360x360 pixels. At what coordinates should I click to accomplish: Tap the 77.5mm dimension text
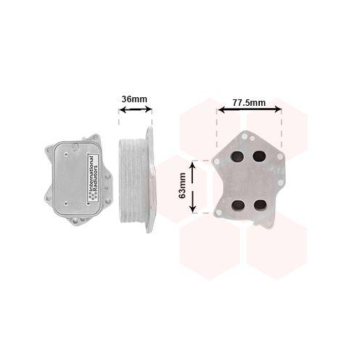click(x=249, y=103)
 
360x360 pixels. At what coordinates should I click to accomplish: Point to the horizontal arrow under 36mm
click(x=135, y=110)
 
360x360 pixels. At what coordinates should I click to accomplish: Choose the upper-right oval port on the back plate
click(x=259, y=157)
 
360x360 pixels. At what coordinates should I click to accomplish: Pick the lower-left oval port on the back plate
click(x=236, y=204)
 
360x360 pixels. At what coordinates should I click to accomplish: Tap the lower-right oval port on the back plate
click(x=259, y=204)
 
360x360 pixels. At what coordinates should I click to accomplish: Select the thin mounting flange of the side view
click(x=149, y=180)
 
